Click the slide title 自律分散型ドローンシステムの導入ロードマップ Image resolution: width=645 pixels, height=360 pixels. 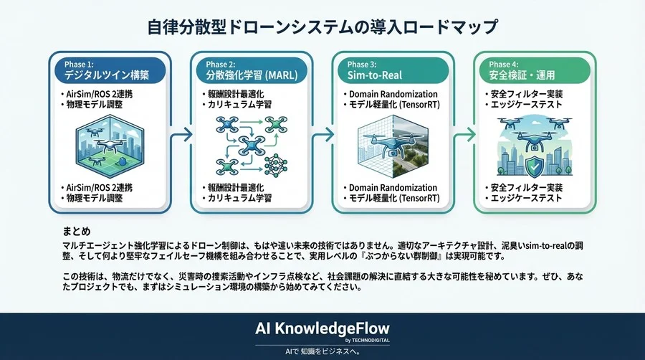pos(322,28)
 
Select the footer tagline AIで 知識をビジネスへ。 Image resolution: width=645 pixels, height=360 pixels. pos(322,352)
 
